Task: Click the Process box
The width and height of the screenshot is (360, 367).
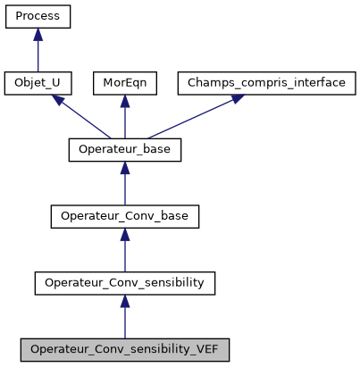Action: (38, 16)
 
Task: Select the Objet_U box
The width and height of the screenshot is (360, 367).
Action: (38, 83)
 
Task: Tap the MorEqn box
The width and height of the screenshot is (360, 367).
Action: (125, 83)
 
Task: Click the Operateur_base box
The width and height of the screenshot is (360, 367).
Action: (125, 150)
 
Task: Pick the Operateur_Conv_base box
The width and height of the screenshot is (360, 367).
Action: (125, 217)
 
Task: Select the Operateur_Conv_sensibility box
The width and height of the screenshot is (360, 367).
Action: (125, 283)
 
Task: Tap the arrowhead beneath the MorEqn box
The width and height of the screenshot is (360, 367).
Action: (125, 102)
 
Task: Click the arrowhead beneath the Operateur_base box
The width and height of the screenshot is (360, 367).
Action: (125, 169)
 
